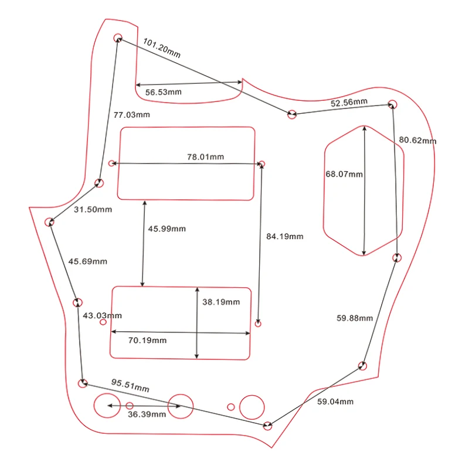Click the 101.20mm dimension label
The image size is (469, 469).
(x=162, y=47)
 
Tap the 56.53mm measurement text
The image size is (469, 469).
(x=164, y=92)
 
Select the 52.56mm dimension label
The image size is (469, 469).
(x=349, y=103)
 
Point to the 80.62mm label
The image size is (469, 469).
(x=418, y=140)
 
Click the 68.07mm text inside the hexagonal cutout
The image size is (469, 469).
(x=344, y=174)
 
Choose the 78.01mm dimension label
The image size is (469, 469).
(x=205, y=157)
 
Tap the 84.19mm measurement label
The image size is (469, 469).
(x=285, y=236)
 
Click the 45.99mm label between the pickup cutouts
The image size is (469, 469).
(x=166, y=229)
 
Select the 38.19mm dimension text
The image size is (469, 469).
(x=221, y=302)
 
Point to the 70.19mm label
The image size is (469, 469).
(x=148, y=340)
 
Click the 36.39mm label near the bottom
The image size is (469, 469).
(x=147, y=414)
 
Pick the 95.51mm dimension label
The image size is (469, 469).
(x=130, y=385)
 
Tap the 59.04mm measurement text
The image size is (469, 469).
(x=335, y=402)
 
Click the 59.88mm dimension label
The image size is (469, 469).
(x=355, y=318)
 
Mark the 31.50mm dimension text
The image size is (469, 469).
(x=93, y=209)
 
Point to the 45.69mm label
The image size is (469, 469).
(x=88, y=261)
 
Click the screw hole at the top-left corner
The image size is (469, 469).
(x=118, y=38)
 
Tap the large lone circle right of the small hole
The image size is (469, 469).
(x=252, y=406)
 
